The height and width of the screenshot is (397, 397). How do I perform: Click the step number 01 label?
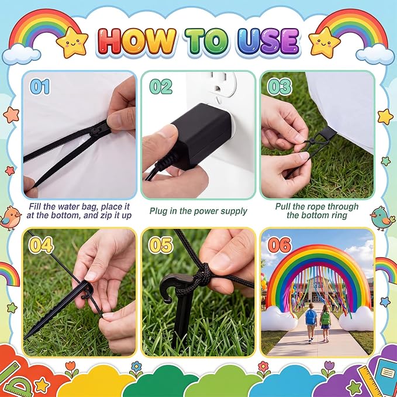pos(40,87)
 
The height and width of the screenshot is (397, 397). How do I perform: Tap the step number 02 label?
pos(161,87)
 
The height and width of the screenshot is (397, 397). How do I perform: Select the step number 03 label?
pos(280,87)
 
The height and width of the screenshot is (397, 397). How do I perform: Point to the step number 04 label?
pos(41,245)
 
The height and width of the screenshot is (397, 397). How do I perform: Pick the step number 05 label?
pos(161,245)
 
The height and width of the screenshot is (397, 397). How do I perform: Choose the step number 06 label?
pos(280,245)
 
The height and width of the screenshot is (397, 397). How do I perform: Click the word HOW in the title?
pos(137,42)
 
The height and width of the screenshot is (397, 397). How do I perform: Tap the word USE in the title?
pos(268,42)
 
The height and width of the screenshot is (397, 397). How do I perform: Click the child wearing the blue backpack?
pos(310,322)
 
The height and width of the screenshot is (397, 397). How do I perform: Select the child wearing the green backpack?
pos(325,323)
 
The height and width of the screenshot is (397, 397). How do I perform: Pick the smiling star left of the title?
pos(72,42)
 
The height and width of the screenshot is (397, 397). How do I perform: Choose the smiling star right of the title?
pos(324,42)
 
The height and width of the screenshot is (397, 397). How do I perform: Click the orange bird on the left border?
pos(10,218)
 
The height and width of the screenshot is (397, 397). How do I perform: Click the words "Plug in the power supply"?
pos(198,211)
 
